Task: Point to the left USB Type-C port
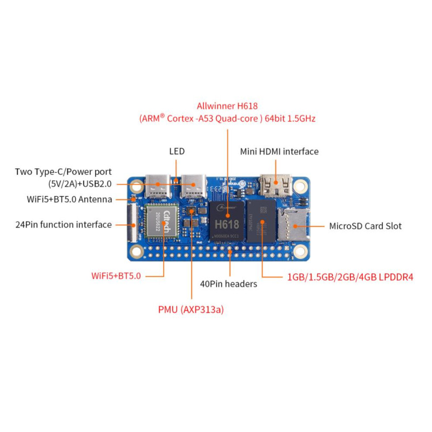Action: (157, 186)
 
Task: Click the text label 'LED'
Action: (177, 152)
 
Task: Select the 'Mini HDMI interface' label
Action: (279, 152)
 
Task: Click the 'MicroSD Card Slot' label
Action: (365, 226)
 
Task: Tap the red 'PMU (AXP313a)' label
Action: (191, 310)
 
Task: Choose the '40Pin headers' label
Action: (228, 283)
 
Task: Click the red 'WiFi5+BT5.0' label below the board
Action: (116, 276)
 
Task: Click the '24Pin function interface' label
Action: (63, 225)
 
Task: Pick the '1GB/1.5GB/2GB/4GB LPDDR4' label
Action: (350, 277)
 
